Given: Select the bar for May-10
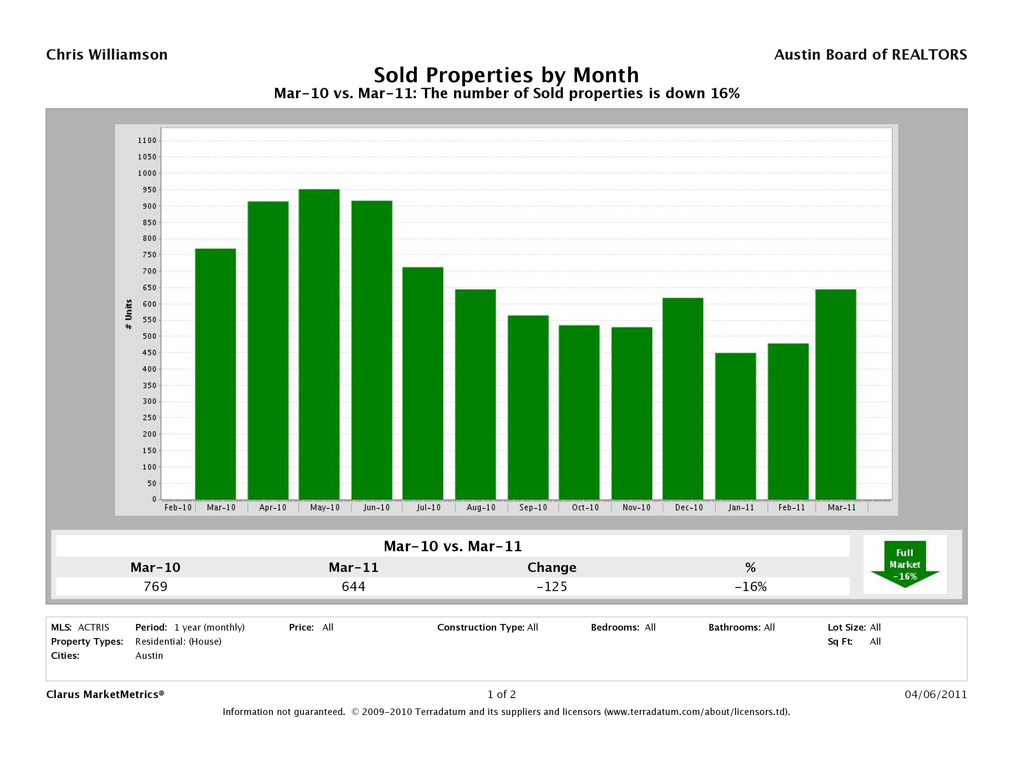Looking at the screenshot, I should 319,344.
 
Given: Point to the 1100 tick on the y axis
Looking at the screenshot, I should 147,141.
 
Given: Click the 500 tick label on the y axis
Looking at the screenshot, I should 147,336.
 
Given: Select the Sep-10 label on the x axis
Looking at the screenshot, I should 533,508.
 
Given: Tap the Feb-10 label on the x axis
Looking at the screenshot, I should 178,508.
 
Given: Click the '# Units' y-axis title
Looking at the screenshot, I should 129,314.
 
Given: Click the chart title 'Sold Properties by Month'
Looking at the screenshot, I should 506,75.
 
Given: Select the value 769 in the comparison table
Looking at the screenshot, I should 156,586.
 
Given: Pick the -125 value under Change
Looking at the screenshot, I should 552,586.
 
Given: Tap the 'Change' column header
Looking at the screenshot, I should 552,568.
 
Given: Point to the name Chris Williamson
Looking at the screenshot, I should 107,55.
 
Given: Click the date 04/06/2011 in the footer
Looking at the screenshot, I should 935,694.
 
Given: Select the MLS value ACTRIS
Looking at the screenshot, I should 93,627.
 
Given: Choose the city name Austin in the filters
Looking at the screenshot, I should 149,655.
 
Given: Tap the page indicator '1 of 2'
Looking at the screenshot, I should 501,694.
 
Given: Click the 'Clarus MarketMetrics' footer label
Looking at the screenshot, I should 105,694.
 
